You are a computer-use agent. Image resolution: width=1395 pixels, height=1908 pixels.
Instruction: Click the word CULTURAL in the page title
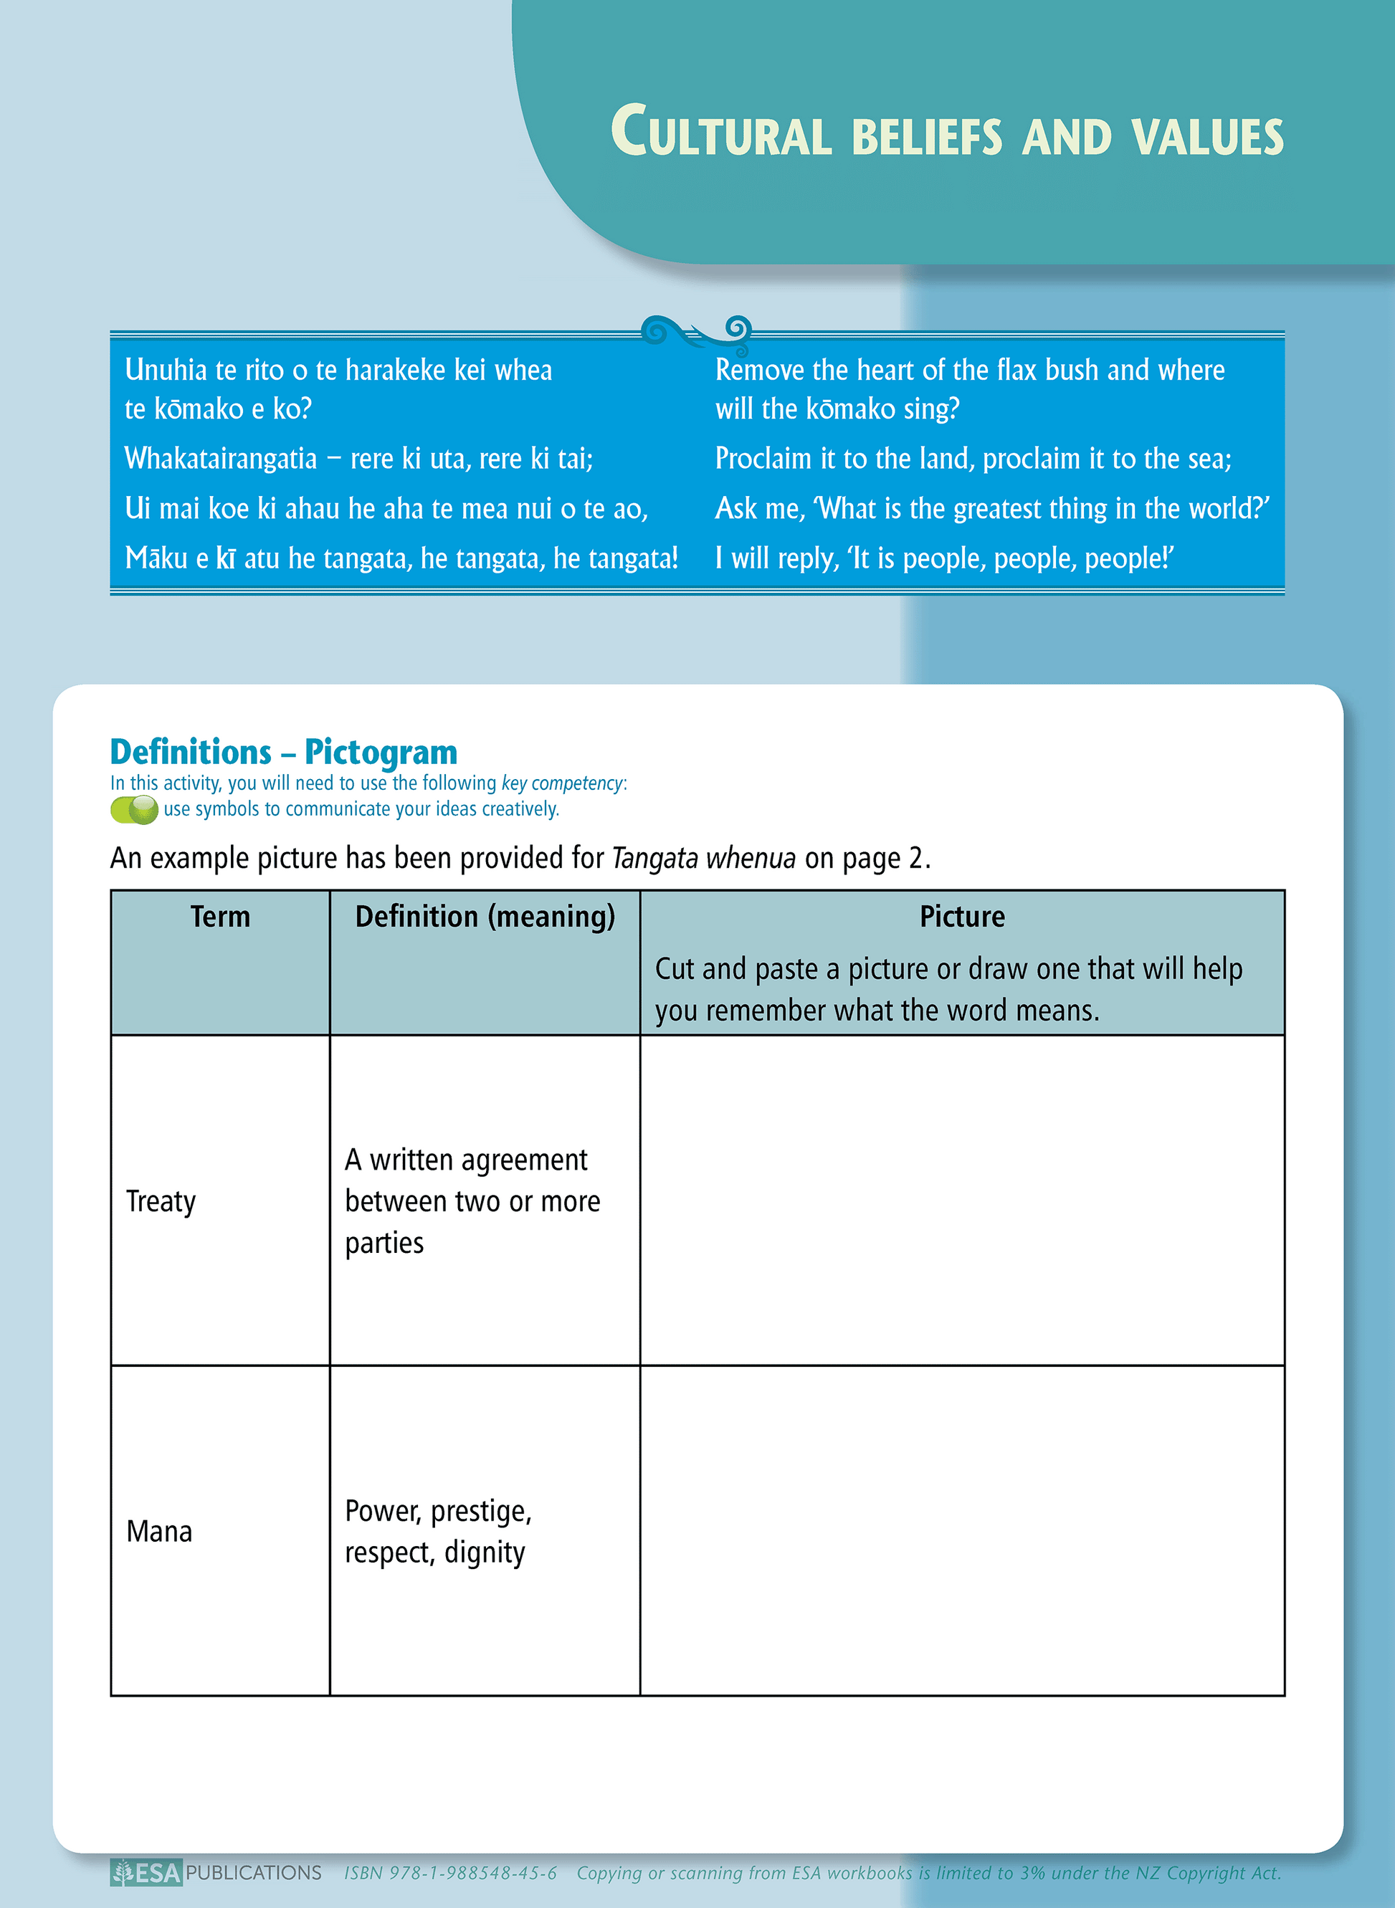(x=722, y=133)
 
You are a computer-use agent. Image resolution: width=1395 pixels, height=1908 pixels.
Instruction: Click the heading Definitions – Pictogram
(x=284, y=751)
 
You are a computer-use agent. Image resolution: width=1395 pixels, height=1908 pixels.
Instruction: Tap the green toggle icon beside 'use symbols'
(x=134, y=810)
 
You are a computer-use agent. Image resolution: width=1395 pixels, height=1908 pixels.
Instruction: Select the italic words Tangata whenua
(x=703, y=859)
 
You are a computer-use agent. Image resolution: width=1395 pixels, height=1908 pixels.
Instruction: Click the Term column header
(x=219, y=917)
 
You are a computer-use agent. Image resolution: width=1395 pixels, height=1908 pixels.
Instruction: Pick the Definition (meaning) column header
(x=485, y=917)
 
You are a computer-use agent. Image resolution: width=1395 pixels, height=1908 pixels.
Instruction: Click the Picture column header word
(x=962, y=917)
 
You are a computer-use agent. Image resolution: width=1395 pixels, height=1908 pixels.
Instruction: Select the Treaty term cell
(x=161, y=1201)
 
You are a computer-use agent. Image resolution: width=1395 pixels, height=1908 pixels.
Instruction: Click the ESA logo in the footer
(x=147, y=1874)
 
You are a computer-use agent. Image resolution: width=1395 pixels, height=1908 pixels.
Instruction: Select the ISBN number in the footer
(x=450, y=1874)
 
